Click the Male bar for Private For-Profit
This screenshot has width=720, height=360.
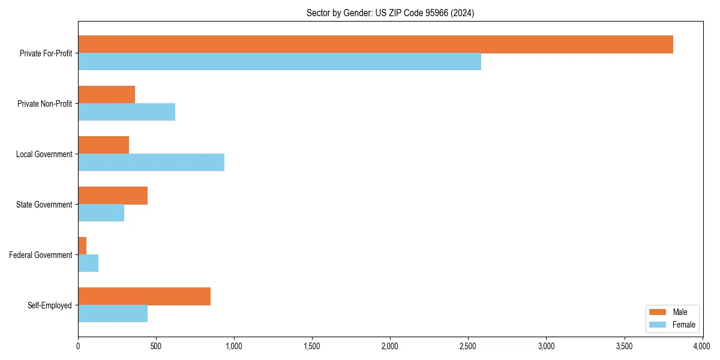pos(376,44)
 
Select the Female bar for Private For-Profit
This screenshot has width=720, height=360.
pos(280,62)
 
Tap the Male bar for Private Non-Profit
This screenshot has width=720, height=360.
pos(107,95)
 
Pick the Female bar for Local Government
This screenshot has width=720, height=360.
pos(151,163)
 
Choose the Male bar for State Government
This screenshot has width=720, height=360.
pos(113,196)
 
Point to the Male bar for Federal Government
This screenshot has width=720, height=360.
pos(82,246)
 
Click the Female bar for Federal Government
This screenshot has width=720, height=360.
pos(88,263)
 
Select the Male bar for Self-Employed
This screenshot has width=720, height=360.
pos(144,296)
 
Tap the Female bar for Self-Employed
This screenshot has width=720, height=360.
pos(113,314)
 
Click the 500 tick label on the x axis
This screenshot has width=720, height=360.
pos(156,346)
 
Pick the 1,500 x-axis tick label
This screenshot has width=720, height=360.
pos(312,346)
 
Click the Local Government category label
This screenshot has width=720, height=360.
pos(44,154)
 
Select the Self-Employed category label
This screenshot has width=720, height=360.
pos(49,305)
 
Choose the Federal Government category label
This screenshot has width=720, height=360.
pos(40,255)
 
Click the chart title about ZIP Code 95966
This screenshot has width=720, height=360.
pos(390,13)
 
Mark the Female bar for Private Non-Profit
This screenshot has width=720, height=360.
pos(127,112)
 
